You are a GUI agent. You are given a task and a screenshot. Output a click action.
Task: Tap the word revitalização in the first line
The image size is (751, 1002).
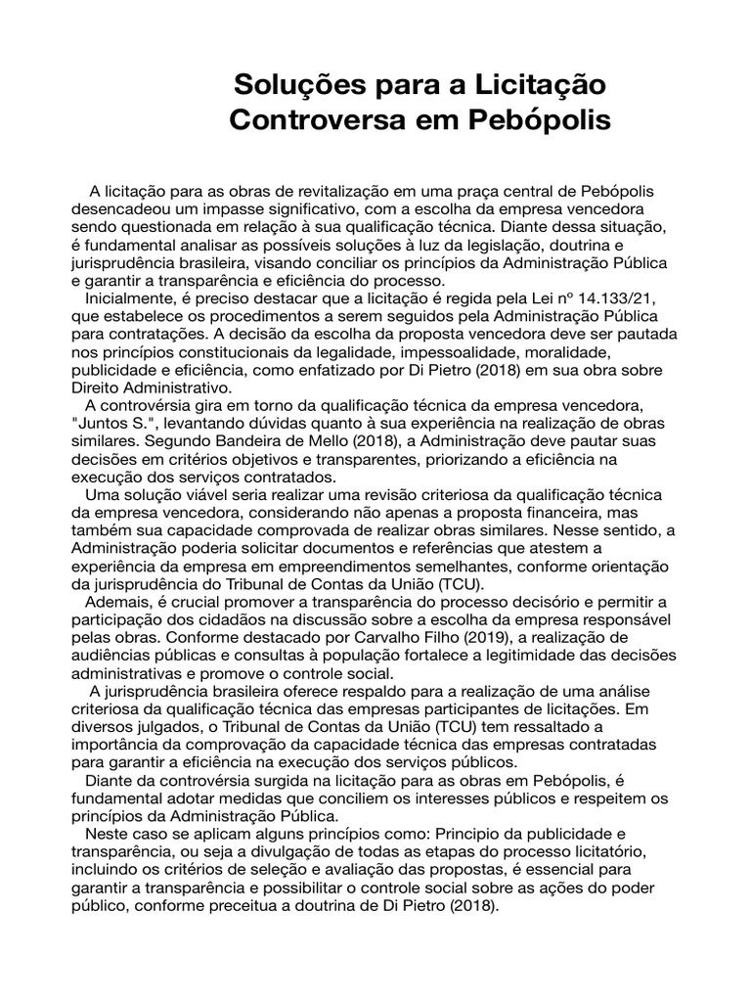(327, 190)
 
